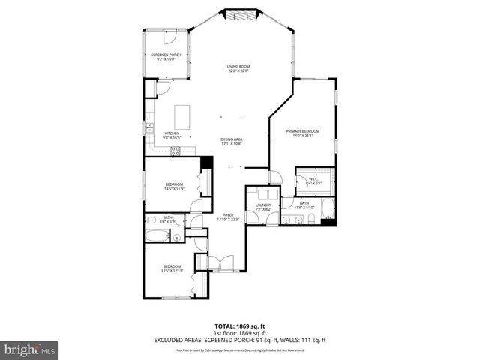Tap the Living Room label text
point(238,69)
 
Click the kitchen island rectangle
point(183,117)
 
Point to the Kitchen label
point(172,136)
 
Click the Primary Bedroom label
point(303,133)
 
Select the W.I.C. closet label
point(315,181)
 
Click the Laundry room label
point(262,207)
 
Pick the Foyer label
point(229,217)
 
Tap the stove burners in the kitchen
point(176,150)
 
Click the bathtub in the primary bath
point(328,209)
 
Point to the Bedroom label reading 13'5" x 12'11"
point(172,269)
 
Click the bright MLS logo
point(30,349)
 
